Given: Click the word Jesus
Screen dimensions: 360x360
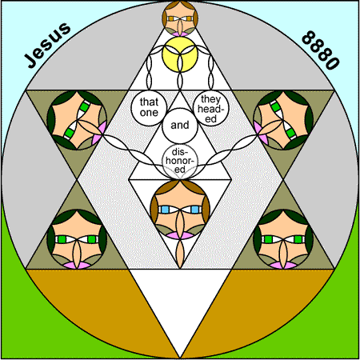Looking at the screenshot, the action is (47, 45).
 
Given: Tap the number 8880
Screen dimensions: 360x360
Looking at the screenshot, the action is (321, 50).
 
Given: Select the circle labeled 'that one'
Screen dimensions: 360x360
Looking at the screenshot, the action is (149, 108).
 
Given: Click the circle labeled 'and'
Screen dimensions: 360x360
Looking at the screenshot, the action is (180, 126).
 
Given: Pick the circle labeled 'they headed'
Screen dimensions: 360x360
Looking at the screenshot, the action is (211, 108).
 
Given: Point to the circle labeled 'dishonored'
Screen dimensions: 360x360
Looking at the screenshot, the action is (180, 162).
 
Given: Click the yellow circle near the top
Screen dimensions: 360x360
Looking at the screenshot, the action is (180, 54).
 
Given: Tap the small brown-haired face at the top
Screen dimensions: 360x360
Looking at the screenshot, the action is (180, 18).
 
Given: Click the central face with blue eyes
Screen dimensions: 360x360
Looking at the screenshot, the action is (180, 210).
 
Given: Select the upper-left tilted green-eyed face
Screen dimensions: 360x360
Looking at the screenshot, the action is (77, 120).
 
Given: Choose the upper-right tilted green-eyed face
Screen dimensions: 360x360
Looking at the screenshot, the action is (283, 120).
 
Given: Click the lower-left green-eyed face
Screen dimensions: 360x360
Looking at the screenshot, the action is (77, 239).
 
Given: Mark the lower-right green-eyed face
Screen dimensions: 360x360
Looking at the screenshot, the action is (283, 239).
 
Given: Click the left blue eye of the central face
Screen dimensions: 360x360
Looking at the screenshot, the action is (165, 210).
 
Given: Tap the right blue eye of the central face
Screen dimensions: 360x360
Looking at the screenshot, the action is (195, 210).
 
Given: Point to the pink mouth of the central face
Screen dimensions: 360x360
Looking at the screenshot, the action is (180, 235).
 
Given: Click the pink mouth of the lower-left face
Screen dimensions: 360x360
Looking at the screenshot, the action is (77, 265).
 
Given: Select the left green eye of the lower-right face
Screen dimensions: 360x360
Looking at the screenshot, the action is (268, 239).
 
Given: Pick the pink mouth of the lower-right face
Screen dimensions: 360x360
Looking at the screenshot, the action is (283, 265).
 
